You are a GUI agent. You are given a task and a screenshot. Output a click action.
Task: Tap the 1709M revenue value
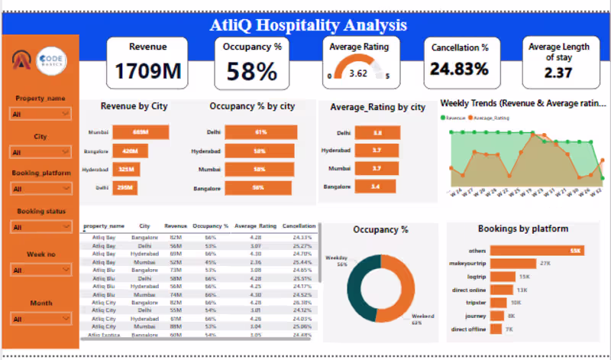(x=148, y=73)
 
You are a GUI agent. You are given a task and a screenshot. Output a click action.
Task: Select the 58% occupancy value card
(x=251, y=73)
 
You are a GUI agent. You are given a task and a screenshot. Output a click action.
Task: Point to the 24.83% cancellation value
(x=459, y=70)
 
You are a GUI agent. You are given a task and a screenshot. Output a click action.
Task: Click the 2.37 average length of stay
(x=558, y=73)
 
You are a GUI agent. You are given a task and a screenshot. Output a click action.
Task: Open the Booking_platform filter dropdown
(x=40, y=189)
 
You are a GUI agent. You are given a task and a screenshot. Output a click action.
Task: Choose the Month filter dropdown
(x=40, y=319)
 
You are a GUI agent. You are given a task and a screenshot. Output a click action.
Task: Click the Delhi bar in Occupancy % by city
(x=260, y=132)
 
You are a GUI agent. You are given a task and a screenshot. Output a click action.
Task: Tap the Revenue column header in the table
(x=176, y=226)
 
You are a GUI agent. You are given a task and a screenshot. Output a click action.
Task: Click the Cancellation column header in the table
(x=299, y=226)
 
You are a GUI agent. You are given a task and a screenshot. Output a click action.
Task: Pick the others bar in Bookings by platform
(x=539, y=250)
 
